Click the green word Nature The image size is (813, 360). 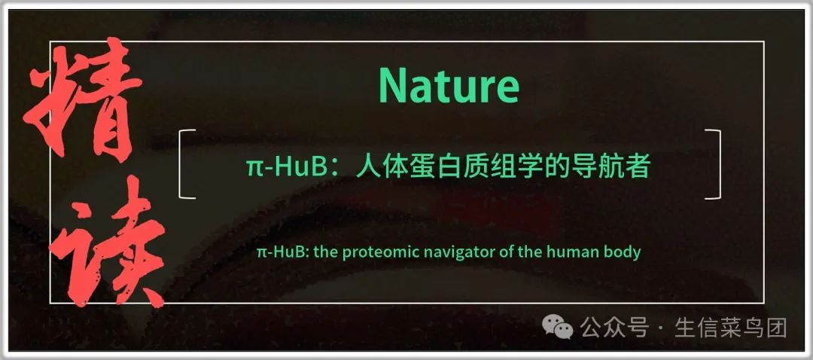449,87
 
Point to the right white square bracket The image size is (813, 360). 719,164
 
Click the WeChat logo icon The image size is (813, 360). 557,328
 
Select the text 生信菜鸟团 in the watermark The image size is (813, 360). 731,328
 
